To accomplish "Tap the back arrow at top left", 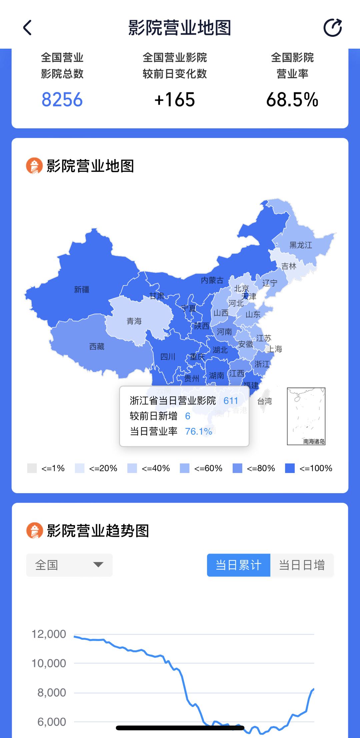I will click(x=27, y=27).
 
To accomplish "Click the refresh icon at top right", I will click(x=333, y=27).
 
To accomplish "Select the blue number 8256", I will click(x=62, y=100).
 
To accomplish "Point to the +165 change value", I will click(x=174, y=100).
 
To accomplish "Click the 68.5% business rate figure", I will click(x=292, y=100).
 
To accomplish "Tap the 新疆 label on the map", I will click(x=82, y=289).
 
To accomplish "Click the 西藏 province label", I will click(x=97, y=346).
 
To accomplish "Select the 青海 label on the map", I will click(x=134, y=321).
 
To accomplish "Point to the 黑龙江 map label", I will click(x=301, y=245).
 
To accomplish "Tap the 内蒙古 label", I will click(x=212, y=280).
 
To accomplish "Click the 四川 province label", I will click(x=168, y=357).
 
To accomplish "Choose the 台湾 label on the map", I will click(x=265, y=401).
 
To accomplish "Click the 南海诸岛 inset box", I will click(x=306, y=416).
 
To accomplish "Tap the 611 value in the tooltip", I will click(x=231, y=401).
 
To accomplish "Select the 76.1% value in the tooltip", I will click(x=198, y=432).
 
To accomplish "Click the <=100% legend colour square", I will click(x=290, y=468).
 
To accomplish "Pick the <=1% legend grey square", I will click(x=32, y=468).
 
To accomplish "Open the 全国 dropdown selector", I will click(x=69, y=565).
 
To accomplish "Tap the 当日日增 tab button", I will click(x=302, y=565).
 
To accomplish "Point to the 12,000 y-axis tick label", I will click(x=49, y=634).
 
